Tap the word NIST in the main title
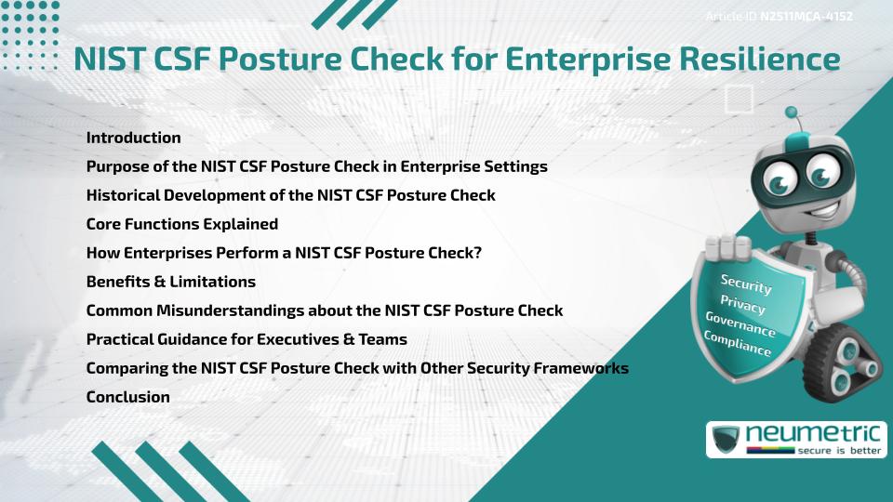[110, 59]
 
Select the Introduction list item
[133, 138]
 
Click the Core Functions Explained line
[181, 224]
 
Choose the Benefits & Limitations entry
[170, 282]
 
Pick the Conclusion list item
[127, 397]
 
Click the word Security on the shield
[746, 284]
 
